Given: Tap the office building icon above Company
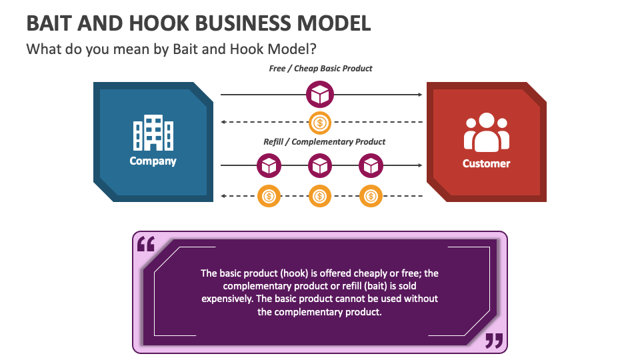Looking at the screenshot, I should click(x=153, y=132).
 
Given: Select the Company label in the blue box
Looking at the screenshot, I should click(x=153, y=161).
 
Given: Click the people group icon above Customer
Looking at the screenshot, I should click(x=486, y=132).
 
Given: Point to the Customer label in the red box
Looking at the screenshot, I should click(x=486, y=163).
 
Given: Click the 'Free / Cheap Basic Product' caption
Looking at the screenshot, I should click(x=321, y=68).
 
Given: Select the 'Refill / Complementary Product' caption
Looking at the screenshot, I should click(x=325, y=141).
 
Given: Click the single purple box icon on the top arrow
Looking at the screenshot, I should click(x=320, y=95).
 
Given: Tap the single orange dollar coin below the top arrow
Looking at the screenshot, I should click(x=320, y=122).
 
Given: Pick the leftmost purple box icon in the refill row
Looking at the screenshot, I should click(x=269, y=165).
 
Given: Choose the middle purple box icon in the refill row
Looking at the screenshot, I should click(x=320, y=165).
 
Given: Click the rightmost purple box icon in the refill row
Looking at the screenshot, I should click(x=371, y=165).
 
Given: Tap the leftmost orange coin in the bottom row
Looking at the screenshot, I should click(x=269, y=196).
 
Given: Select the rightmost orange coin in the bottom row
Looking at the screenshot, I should click(x=371, y=196).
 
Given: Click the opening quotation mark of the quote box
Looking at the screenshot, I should click(x=145, y=245).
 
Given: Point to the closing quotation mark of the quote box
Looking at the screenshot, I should click(x=493, y=341).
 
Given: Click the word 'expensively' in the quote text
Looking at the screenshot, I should click(x=226, y=299).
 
